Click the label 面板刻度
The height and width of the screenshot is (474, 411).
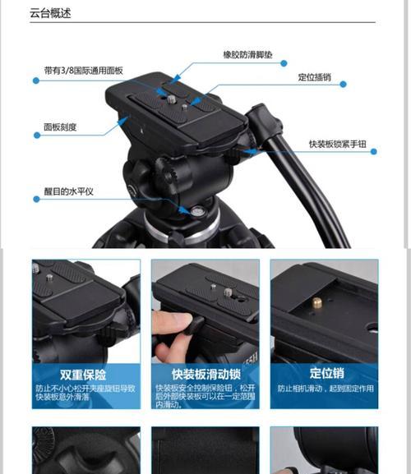(x=60, y=127)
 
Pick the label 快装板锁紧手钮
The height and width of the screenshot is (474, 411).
(x=337, y=144)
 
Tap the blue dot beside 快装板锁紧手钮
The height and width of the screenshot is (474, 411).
(x=374, y=151)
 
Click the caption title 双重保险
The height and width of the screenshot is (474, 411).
(x=82, y=375)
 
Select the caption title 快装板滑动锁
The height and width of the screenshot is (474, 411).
(x=205, y=375)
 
